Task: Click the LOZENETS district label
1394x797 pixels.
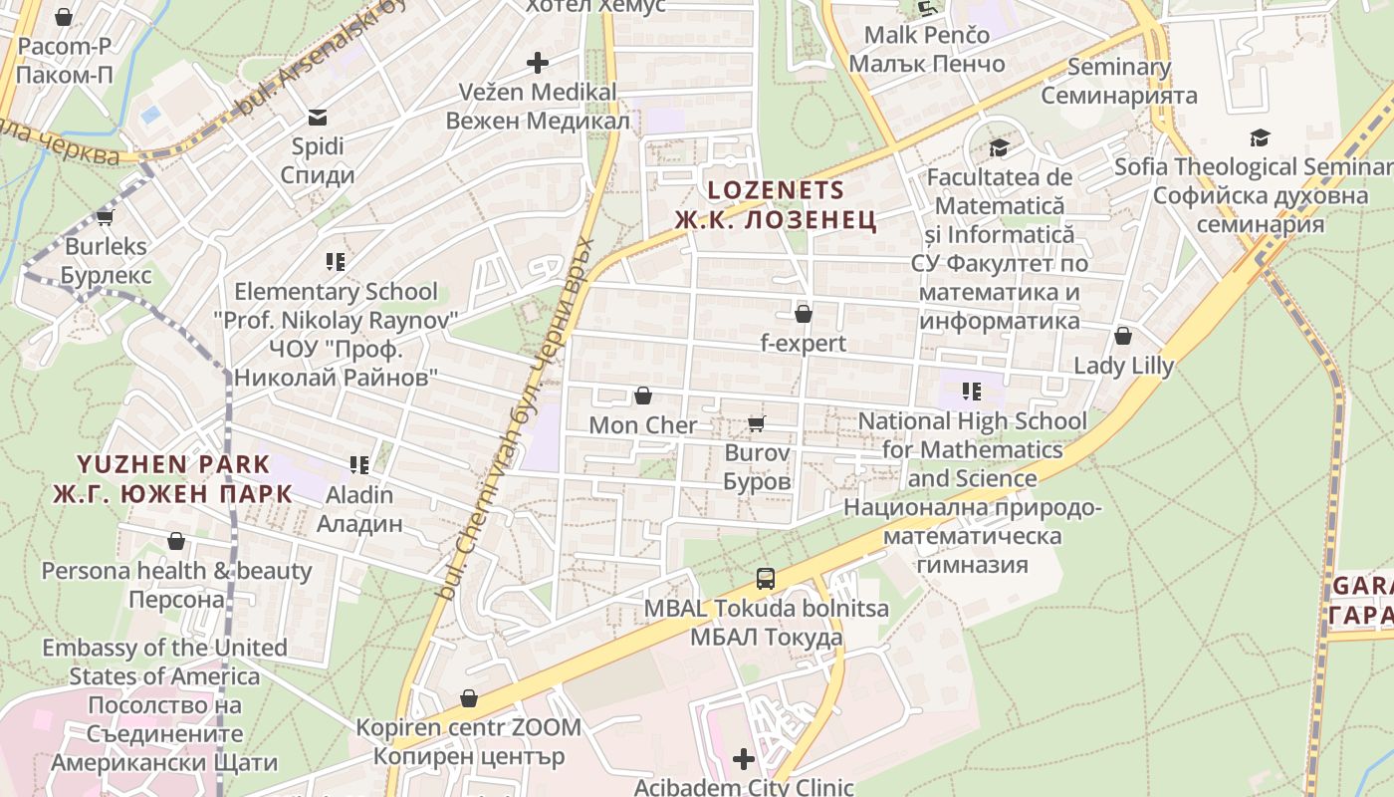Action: pos(775,190)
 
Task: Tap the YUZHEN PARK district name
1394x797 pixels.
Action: pos(173,464)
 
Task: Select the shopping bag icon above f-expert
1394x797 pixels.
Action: pos(804,314)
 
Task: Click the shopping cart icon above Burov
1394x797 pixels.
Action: pos(757,424)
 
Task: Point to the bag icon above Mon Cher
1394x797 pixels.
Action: pos(643,396)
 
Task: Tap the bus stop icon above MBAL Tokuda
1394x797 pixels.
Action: pos(765,578)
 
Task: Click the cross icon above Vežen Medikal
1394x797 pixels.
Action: pos(538,63)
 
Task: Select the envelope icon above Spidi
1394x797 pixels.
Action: pos(318,118)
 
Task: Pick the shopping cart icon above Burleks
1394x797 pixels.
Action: pos(105,217)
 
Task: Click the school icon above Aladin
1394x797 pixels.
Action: pos(359,464)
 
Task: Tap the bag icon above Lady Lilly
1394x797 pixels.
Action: pos(1123,336)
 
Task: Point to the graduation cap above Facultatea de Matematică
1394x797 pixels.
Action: pos(999,148)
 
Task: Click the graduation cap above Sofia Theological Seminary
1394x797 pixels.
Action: pos(1261,137)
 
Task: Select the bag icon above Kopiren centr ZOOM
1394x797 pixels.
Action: pos(468,698)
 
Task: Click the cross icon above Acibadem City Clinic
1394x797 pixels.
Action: pos(744,759)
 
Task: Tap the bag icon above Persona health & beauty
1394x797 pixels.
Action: pos(176,541)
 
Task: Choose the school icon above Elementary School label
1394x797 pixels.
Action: pos(336,262)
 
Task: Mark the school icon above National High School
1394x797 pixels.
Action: pos(972,392)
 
